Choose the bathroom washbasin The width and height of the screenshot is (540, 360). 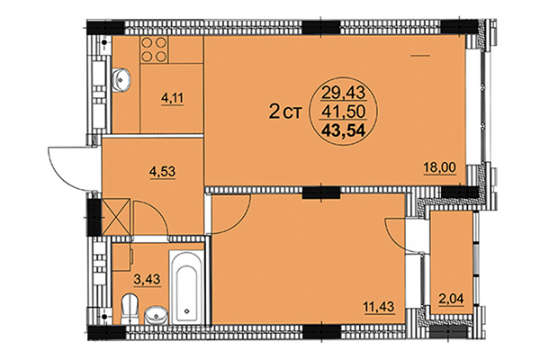click(x=157, y=316)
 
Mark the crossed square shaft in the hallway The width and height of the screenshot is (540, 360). click(x=117, y=217)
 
